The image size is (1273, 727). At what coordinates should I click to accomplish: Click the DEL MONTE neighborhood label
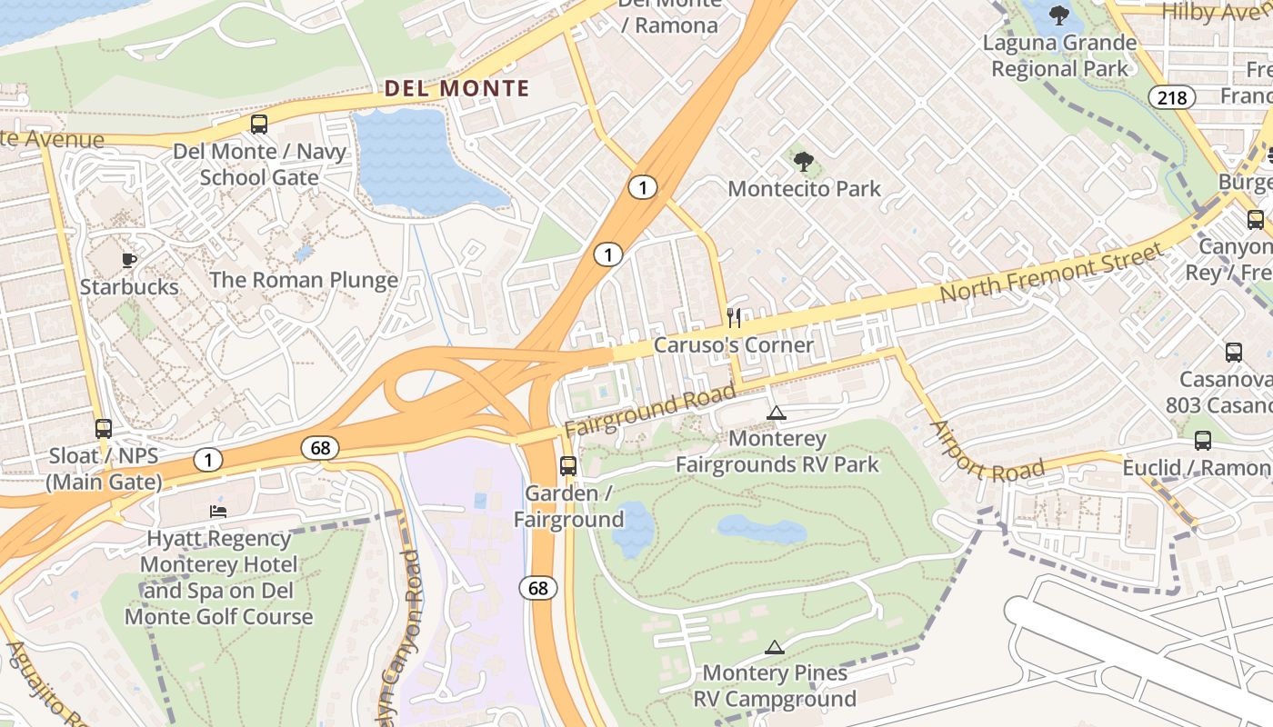(456, 88)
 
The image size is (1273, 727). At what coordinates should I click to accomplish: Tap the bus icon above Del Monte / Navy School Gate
(259, 124)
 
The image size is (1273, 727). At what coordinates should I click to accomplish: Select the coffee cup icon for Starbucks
(129, 261)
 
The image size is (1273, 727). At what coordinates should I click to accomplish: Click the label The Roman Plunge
(304, 279)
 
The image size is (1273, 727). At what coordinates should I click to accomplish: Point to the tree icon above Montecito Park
(803, 162)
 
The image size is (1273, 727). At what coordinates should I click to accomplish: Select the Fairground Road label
(649, 410)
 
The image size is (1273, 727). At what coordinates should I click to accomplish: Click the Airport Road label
(987, 452)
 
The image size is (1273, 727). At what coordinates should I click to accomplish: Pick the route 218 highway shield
(1171, 96)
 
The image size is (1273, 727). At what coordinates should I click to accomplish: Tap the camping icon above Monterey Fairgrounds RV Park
(776, 413)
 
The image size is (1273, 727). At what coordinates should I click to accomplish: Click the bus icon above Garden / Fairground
(568, 466)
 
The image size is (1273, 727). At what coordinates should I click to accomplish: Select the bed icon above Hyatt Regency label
(218, 512)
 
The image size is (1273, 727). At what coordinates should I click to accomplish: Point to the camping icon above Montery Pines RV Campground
(774, 647)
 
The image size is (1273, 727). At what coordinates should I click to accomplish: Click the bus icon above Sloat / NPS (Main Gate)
(104, 428)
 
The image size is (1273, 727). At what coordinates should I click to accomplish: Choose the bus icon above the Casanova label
(1234, 353)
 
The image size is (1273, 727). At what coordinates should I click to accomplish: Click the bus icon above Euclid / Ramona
(1203, 441)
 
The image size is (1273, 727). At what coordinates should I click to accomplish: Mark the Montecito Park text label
(804, 189)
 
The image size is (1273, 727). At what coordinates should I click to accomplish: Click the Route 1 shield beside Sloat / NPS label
(207, 460)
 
